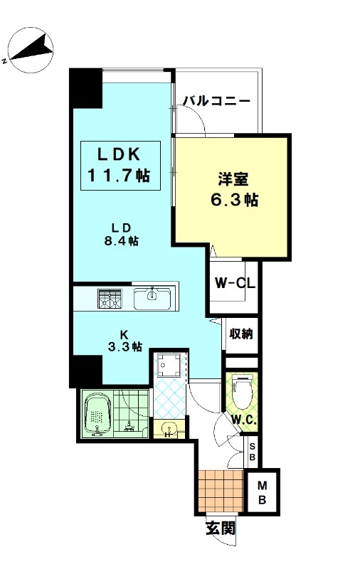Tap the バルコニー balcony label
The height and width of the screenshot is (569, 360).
coord(216,101)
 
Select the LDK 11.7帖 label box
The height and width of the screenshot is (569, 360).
coord(120,166)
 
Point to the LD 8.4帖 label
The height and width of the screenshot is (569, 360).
coord(122,235)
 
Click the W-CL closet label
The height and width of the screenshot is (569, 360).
coord(235,282)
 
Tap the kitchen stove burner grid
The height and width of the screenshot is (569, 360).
coord(110,298)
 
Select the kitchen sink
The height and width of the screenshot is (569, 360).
coord(152,298)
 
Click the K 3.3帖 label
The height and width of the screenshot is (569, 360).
coord(125,341)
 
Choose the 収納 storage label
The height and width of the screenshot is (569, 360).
coord(241,334)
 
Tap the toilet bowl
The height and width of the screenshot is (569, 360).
coord(241,393)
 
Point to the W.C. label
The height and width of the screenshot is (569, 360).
coord(244,420)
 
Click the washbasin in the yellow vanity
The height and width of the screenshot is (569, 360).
coord(169,429)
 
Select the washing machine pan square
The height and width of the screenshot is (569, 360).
coord(167,365)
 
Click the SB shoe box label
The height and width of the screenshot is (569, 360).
coord(253,451)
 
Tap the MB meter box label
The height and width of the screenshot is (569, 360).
coord(262,492)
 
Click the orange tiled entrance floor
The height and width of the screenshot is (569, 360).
coord(221,490)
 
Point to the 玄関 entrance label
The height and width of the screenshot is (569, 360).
coord(221,528)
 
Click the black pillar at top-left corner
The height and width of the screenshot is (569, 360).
coord(85,87)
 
